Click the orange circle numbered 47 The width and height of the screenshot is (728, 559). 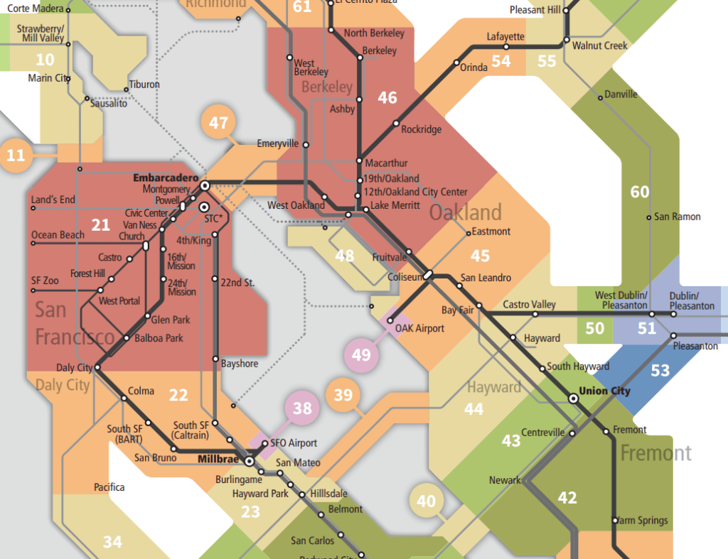click(219, 123)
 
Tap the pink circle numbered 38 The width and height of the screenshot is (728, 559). click(302, 408)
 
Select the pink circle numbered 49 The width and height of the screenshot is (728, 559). click(361, 354)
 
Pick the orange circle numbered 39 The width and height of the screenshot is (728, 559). click(343, 394)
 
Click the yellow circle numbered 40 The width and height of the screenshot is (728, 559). click(426, 501)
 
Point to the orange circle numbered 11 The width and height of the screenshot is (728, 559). click(16, 154)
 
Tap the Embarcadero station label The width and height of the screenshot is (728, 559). click(165, 178)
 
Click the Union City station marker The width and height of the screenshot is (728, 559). click(573, 399)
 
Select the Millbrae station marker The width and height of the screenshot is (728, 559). click(250, 461)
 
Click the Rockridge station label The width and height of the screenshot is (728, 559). click(421, 129)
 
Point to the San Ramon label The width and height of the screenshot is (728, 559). click(677, 217)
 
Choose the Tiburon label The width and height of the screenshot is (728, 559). click(144, 85)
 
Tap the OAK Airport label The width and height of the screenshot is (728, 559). click(420, 328)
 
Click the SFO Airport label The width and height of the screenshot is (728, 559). click(293, 443)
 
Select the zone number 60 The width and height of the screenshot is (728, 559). click(640, 192)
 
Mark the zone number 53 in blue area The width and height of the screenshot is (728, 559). click(660, 370)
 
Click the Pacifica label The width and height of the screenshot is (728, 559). click(109, 487)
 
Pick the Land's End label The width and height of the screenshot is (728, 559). click(53, 200)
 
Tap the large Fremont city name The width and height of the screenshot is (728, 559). click(655, 452)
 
